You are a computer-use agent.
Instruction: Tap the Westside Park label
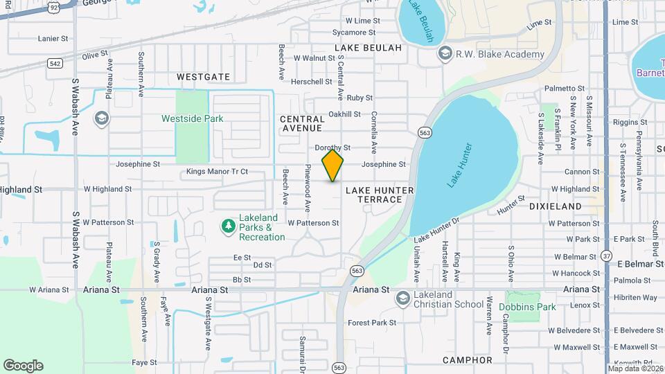pyautogui.click(x=193, y=118)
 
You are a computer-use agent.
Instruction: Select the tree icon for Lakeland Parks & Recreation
pyautogui.click(x=228, y=226)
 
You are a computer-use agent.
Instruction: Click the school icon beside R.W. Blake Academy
pyautogui.click(x=445, y=54)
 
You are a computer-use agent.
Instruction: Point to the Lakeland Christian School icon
pyautogui.click(x=402, y=299)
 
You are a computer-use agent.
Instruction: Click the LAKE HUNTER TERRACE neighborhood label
pyautogui.click(x=380, y=195)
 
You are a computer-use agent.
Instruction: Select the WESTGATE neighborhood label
pyautogui.click(x=203, y=77)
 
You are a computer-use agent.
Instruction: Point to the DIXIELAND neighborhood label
pyautogui.click(x=555, y=206)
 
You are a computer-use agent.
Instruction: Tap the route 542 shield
pyautogui.click(x=56, y=63)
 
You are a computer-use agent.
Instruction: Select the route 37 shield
pyautogui.click(x=605, y=256)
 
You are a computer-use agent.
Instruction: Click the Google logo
pyautogui.click(x=23, y=366)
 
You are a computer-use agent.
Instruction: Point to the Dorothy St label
pyautogui.click(x=333, y=148)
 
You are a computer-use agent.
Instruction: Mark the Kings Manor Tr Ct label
pyautogui.click(x=217, y=171)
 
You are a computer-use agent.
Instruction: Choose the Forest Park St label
pyautogui.click(x=372, y=323)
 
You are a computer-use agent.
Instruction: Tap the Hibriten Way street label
pyautogui.click(x=635, y=298)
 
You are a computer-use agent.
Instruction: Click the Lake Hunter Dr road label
pyautogui.click(x=437, y=231)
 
